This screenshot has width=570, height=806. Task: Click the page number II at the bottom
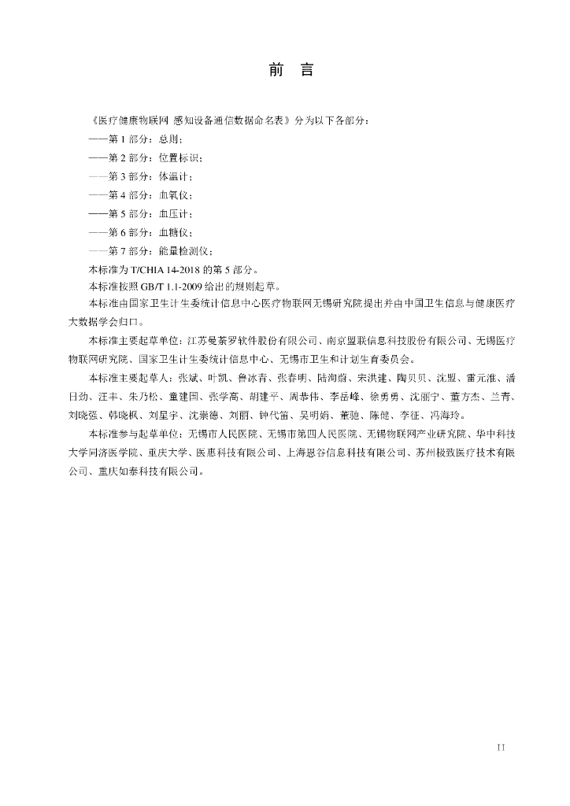(501, 746)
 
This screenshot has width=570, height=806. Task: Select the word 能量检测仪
(180, 251)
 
